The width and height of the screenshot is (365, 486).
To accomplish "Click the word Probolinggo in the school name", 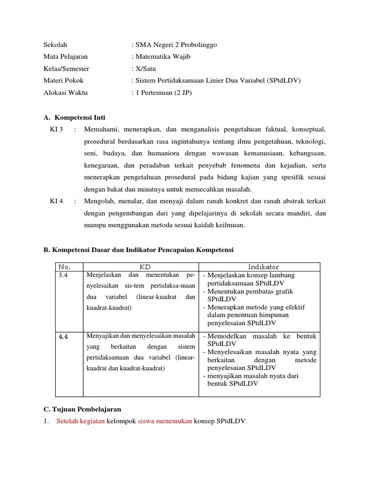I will click(196, 45).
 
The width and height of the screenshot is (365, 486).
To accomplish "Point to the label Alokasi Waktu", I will click(66, 93).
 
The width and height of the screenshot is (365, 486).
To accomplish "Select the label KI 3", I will click(57, 129).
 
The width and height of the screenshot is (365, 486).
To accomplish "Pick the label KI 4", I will click(57, 201).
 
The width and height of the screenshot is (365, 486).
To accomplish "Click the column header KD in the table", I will click(141, 267).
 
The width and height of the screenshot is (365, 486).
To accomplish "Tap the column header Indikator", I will click(259, 267).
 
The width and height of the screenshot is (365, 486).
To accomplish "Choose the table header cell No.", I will click(64, 267).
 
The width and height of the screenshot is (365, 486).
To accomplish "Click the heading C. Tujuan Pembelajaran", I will click(82, 409).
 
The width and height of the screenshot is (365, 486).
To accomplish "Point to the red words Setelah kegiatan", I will click(80, 421).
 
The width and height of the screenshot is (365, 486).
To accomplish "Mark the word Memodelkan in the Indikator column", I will click(227, 336).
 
